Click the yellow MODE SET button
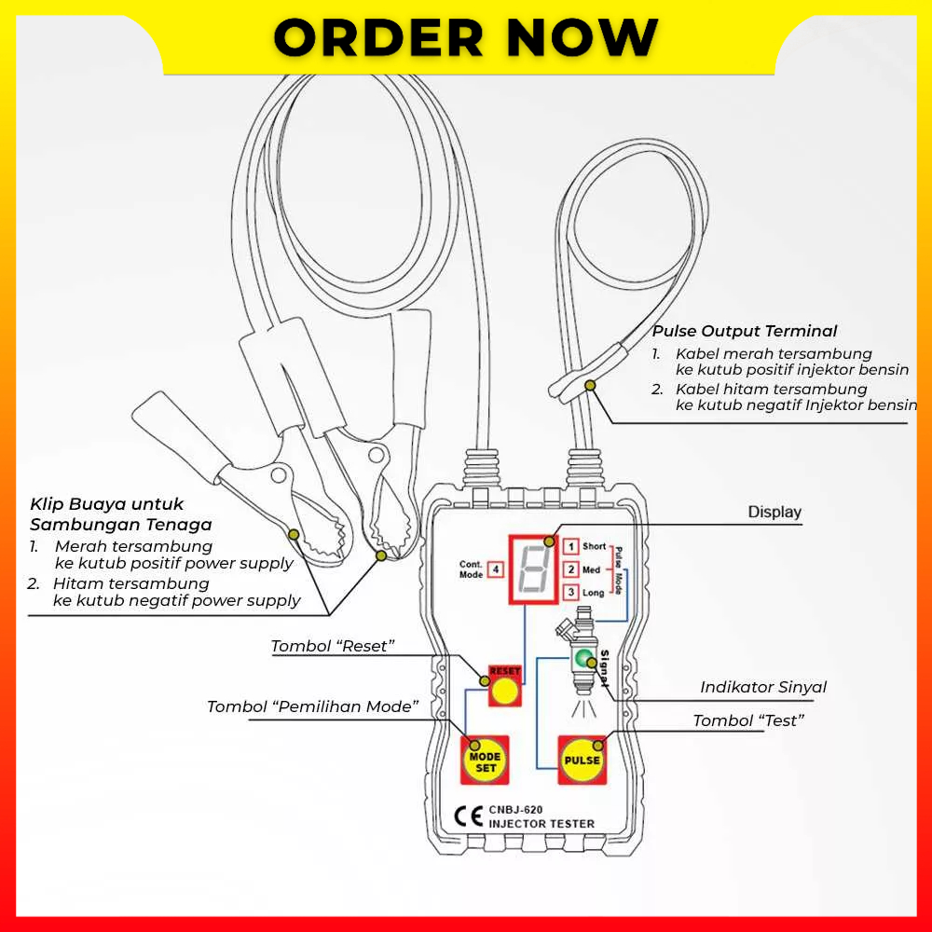tap(486, 761)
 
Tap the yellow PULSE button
tap(582, 761)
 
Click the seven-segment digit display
tap(534, 569)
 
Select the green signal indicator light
tap(584, 660)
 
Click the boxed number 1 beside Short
tap(571, 546)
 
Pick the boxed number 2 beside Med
tap(571, 569)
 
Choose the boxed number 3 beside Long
tap(571, 592)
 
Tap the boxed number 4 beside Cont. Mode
tap(497, 569)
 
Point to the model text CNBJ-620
tap(515, 809)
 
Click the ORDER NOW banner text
tap(466, 37)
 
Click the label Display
tap(774, 512)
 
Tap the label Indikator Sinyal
tap(763, 687)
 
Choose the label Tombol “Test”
tap(748, 720)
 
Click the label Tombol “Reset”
tap(333, 646)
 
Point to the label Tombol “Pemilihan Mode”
tap(312, 706)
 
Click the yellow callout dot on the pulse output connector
tap(589, 385)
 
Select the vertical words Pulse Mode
tap(617, 569)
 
